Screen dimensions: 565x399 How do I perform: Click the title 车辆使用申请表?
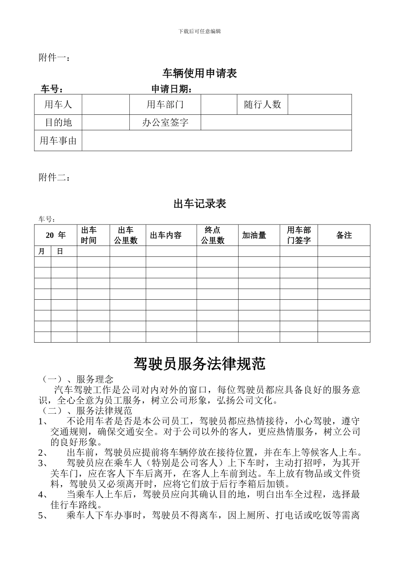(x=199, y=74)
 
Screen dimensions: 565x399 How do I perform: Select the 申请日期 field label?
(x=172, y=89)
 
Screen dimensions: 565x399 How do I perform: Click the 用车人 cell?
(x=58, y=104)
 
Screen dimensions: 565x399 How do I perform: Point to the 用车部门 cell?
(x=165, y=104)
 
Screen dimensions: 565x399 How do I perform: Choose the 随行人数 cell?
(x=262, y=104)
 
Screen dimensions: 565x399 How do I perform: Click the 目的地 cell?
(x=58, y=122)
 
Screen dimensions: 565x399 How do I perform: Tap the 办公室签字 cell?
(x=165, y=122)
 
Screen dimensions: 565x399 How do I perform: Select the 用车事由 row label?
(x=58, y=140)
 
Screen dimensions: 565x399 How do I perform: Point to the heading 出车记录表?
(x=199, y=204)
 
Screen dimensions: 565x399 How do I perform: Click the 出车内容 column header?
(x=166, y=235)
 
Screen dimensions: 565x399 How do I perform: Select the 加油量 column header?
(x=254, y=235)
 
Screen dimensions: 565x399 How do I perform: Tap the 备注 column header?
(x=344, y=235)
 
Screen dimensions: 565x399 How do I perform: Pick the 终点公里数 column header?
(x=213, y=235)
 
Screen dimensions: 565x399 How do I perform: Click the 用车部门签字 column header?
(x=299, y=235)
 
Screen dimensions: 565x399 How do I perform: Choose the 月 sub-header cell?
(x=41, y=251)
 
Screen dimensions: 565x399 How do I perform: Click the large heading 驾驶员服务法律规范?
(x=199, y=364)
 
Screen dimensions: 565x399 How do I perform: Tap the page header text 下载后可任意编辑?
(x=199, y=31)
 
